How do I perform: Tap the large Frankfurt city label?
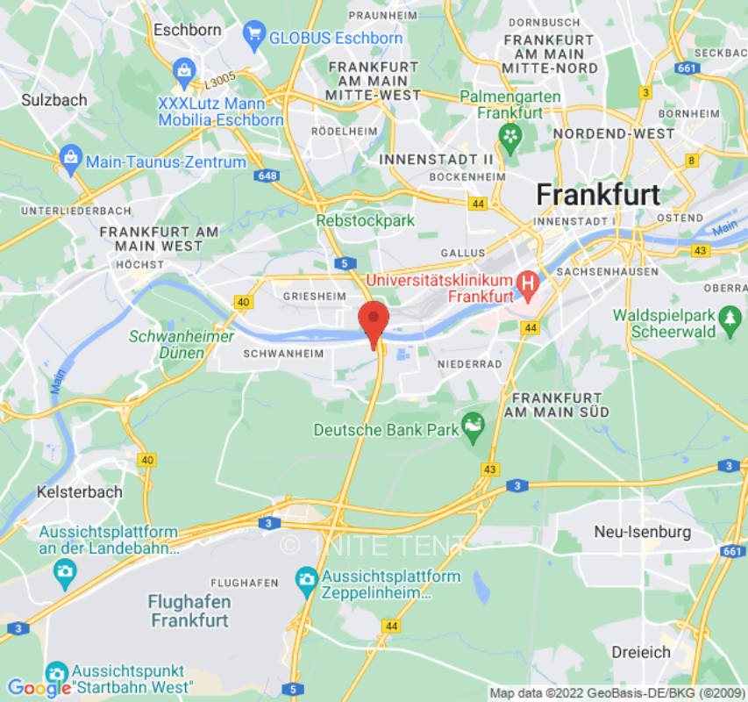[x=597, y=194]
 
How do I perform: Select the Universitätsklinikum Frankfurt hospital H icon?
[x=528, y=283]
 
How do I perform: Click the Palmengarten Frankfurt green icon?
[x=509, y=135]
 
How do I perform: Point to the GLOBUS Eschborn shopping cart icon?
[x=255, y=36]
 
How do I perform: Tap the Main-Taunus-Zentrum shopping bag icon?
[x=70, y=161]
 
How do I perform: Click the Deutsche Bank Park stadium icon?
[x=474, y=428]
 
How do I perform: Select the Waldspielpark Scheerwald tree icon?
[x=729, y=320]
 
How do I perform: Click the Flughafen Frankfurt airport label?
[x=189, y=611]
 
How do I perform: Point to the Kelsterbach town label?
[x=80, y=491]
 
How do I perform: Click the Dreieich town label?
[x=642, y=652]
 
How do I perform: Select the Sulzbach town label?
[x=54, y=100]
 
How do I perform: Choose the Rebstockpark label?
[x=365, y=221]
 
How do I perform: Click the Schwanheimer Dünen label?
[x=182, y=344]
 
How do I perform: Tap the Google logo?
[x=39, y=688]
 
